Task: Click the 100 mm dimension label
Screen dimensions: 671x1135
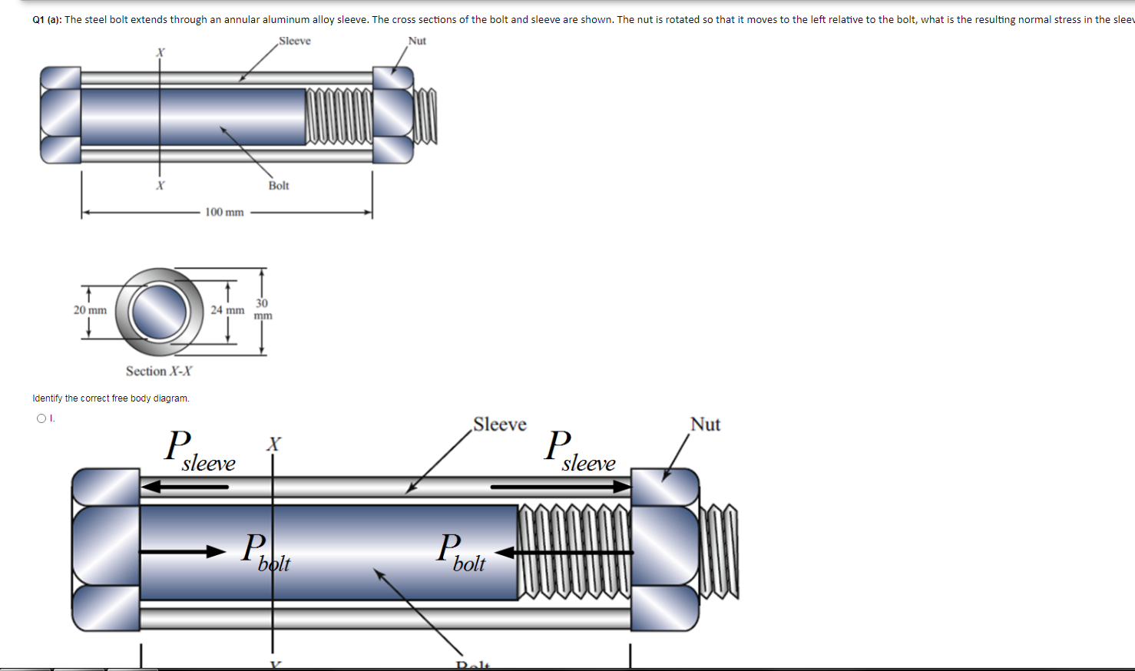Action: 224,212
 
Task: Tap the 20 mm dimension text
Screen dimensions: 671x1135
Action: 90,310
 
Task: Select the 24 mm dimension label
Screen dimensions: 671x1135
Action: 227,310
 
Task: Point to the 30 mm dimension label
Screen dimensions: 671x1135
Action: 263,309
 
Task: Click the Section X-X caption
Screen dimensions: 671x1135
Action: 159,372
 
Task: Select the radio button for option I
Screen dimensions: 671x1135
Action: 41,418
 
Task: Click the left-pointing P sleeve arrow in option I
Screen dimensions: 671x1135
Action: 185,487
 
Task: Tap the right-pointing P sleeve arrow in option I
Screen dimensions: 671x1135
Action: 561,487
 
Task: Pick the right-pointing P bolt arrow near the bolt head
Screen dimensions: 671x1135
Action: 182,552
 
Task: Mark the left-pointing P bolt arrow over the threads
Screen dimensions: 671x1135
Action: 564,552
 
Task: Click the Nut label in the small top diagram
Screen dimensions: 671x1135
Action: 417,41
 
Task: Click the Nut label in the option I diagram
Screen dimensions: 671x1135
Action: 705,425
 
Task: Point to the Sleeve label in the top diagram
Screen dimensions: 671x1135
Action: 295,41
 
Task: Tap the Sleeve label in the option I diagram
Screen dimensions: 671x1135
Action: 500,425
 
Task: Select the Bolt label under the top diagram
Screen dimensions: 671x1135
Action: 279,186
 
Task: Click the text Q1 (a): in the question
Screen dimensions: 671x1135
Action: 47,20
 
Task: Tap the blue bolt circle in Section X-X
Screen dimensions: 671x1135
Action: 160,311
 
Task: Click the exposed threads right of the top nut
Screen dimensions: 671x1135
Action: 425,116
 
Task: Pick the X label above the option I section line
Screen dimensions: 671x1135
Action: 273,444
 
